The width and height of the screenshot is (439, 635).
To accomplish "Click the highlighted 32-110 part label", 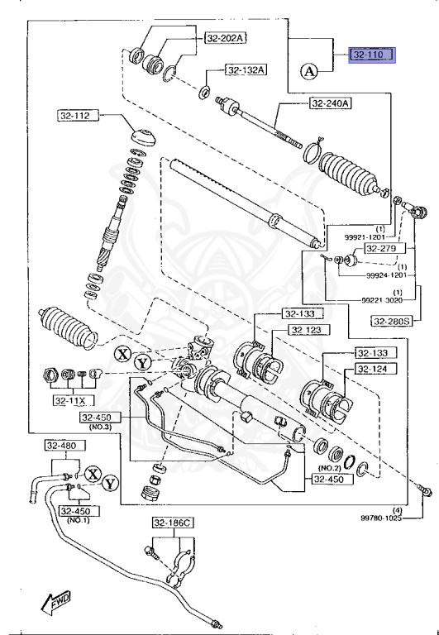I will pyautogui.click(x=371, y=55).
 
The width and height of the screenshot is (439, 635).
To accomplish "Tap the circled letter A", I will pyautogui.click(x=309, y=72).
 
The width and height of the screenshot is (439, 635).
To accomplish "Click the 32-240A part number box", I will pyautogui.click(x=332, y=103).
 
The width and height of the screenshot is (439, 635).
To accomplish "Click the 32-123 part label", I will pyautogui.click(x=308, y=330).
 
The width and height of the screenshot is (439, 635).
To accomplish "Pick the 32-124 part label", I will pyautogui.click(x=375, y=368).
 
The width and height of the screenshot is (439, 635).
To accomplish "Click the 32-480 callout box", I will pyautogui.click(x=63, y=446).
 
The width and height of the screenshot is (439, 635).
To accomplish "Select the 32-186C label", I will pyautogui.click(x=172, y=523).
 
